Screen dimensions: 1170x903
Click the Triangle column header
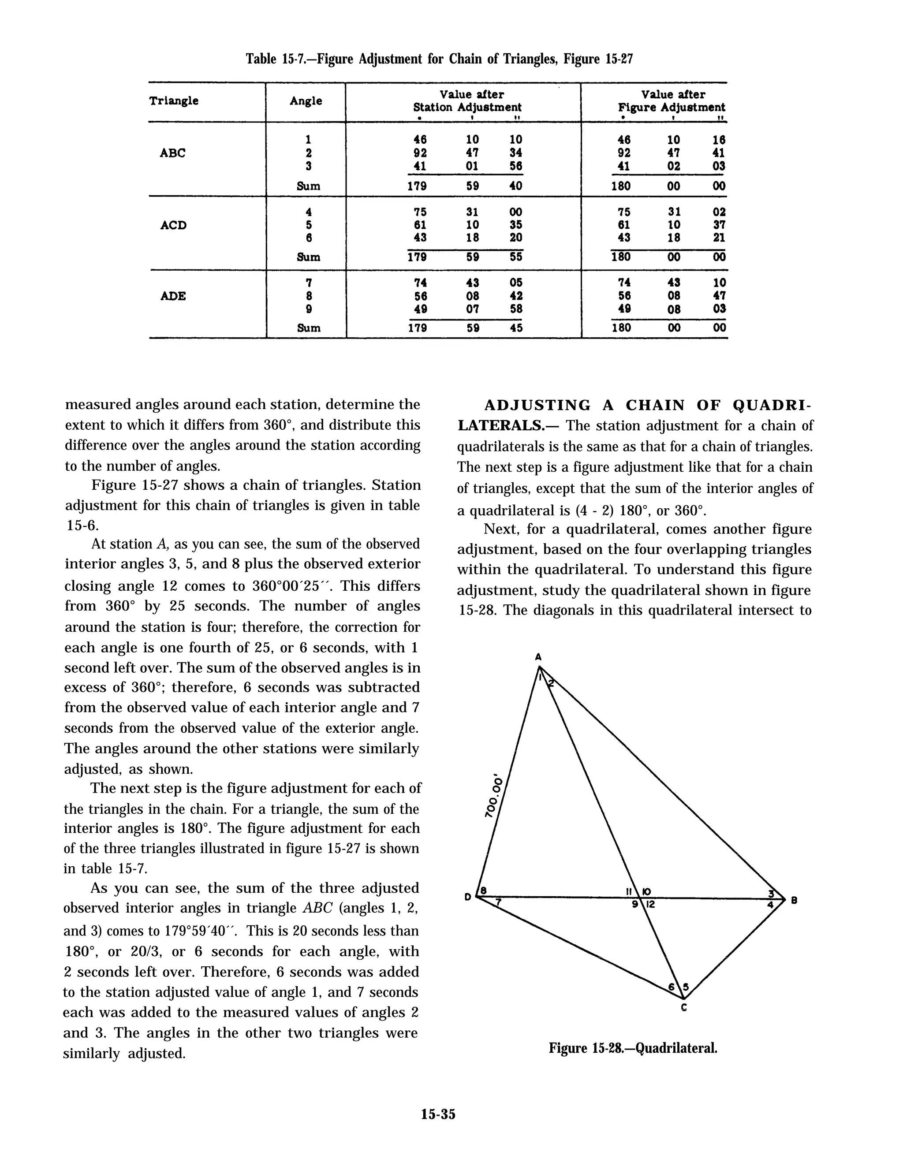pos(174,101)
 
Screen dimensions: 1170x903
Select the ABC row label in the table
pos(172,153)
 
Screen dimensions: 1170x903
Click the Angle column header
pos(306,101)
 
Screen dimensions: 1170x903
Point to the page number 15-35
pos(438,1114)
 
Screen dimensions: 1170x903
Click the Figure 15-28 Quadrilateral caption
pos(632,1048)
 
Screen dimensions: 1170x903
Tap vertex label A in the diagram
pos(537,657)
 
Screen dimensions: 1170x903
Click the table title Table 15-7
pos(439,59)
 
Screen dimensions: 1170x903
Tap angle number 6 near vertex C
pos(671,987)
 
